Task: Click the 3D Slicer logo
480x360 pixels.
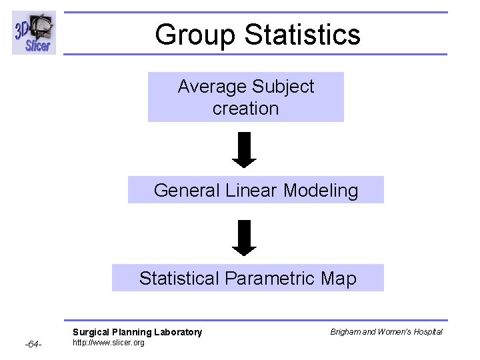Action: (34, 33)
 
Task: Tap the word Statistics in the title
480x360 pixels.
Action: (298, 35)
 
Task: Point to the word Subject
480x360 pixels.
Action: (284, 87)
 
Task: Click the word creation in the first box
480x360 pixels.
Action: (245, 109)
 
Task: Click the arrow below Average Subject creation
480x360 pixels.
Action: (245, 150)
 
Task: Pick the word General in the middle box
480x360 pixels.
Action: (187, 191)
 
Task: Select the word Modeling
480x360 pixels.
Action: (321, 191)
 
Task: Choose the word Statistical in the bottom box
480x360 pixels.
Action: (179, 278)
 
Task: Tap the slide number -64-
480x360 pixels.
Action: (33, 345)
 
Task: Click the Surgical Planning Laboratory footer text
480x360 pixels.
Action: (137, 332)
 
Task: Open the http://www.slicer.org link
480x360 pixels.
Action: (108, 343)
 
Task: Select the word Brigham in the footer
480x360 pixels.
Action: (345, 332)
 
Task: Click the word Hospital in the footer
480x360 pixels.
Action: (427, 332)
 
